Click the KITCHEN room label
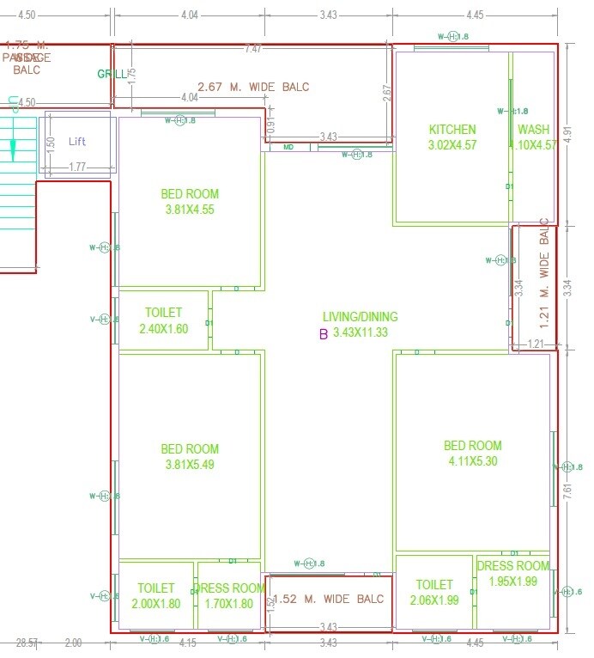click(452, 130)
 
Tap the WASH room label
click(533, 130)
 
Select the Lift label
click(77, 142)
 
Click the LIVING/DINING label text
click(360, 317)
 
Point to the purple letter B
click(323, 334)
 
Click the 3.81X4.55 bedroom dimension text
click(190, 209)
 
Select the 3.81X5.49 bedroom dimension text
click(190, 464)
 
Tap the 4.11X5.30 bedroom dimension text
click(472, 461)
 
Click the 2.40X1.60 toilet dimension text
click(163, 328)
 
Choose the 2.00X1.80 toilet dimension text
click(155, 604)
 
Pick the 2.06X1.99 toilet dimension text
click(435, 600)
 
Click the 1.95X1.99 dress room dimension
click(512, 582)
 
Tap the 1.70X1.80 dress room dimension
click(229, 604)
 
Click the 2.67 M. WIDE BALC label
click(253, 87)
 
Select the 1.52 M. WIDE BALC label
click(330, 600)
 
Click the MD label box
click(289, 148)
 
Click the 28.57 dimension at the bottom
click(27, 643)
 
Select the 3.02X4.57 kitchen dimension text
click(452, 145)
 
